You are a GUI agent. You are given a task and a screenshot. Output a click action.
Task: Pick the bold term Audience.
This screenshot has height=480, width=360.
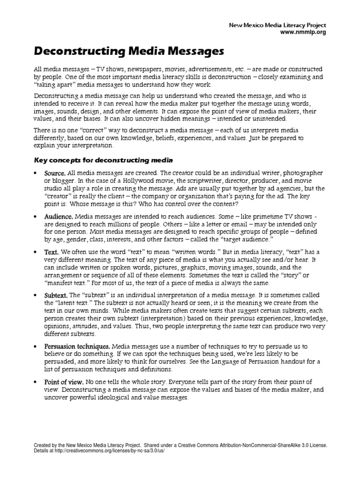click(x=59, y=217)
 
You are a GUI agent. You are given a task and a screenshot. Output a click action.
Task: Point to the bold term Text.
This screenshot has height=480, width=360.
click(x=52, y=252)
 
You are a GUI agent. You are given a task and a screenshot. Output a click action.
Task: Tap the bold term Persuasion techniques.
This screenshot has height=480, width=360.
click(x=77, y=345)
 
